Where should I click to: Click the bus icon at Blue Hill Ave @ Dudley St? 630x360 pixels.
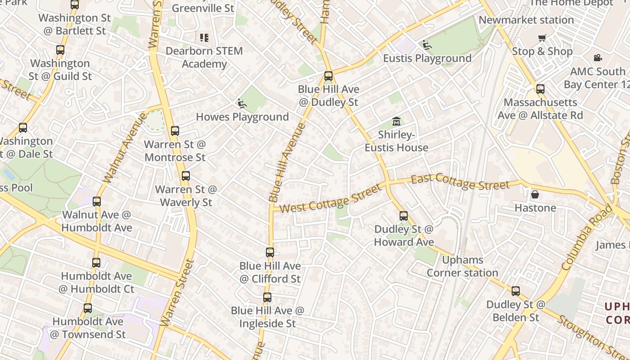(328, 76)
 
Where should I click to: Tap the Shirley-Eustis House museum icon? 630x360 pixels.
(396, 121)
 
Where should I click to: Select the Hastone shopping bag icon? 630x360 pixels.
(535, 194)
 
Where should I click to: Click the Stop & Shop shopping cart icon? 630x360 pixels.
(542, 38)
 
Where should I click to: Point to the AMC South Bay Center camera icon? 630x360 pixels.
(598, 58)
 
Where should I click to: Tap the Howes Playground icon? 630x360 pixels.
(242, 103)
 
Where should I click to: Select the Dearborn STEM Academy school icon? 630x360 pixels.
(204, 37)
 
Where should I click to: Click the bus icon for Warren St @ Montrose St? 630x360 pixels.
(175, 131)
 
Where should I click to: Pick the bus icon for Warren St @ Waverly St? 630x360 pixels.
(186, 176)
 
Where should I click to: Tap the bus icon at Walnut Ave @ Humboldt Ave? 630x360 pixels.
(97, 201)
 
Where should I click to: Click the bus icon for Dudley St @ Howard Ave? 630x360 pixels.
(404, 216)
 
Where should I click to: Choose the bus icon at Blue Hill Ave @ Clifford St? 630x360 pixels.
(270, 252)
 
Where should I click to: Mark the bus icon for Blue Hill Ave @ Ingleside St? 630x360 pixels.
(267, 297)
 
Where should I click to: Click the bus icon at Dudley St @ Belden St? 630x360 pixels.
(516, 291)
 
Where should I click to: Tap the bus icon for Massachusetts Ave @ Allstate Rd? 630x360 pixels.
(540, 89)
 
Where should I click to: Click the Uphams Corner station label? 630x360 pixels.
(462, 266)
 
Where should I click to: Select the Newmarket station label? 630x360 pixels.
(526, 20)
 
